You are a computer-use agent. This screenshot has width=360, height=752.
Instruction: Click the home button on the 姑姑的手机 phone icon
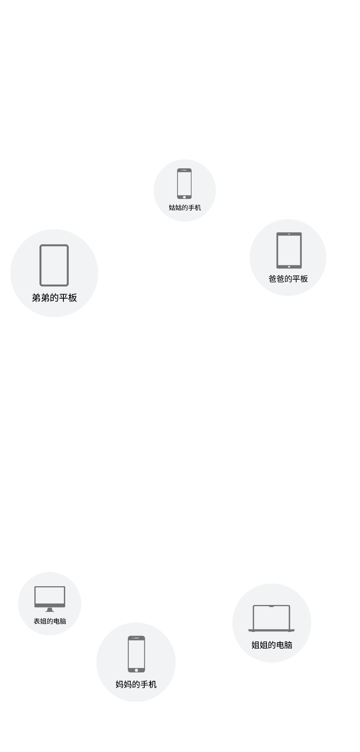(x=184, y=197)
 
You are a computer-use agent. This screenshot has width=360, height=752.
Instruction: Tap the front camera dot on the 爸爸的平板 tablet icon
(x=289, y=234)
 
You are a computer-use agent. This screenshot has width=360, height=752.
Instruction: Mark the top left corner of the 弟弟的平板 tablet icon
(x=40, y=245)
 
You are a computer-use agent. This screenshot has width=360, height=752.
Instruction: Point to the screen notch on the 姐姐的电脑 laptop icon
(x=271, y=606)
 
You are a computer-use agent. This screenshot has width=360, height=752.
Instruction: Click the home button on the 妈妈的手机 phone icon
(x=136, y=670)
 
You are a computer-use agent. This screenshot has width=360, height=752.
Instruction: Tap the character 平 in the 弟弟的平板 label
(x=63, y=298)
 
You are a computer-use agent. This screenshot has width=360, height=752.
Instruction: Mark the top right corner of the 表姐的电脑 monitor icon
(x=65, y=586)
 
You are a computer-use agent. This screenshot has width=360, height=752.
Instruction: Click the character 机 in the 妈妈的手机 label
(x=152, y=684)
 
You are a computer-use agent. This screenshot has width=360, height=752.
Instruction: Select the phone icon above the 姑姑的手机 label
(x=184, y=184)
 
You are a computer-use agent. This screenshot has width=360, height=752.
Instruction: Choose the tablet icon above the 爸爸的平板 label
(x=289, y=250)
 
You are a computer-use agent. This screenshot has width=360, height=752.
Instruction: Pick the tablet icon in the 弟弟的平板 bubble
(x=54, y=265)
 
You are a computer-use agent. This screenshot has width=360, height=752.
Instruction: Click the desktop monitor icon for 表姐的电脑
(x=49, y=599)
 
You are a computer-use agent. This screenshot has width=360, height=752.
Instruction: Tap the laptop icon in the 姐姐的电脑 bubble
(x=271, y=618)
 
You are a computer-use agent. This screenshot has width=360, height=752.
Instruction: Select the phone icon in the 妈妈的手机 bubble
(x=136, y=654)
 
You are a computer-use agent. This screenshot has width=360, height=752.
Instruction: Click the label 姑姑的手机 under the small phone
(x=185, y=208)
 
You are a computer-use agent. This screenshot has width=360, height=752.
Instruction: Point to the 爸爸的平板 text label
(x=288, y=279)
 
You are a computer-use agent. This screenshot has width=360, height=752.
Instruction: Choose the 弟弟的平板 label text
(x=54, y=298)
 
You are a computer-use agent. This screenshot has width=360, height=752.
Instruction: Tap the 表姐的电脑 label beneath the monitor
(x=49, y=621)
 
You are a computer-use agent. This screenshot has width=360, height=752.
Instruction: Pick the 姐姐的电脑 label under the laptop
(x=272, y=645)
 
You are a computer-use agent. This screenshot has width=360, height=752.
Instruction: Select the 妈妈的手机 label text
(x=136, y=684)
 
